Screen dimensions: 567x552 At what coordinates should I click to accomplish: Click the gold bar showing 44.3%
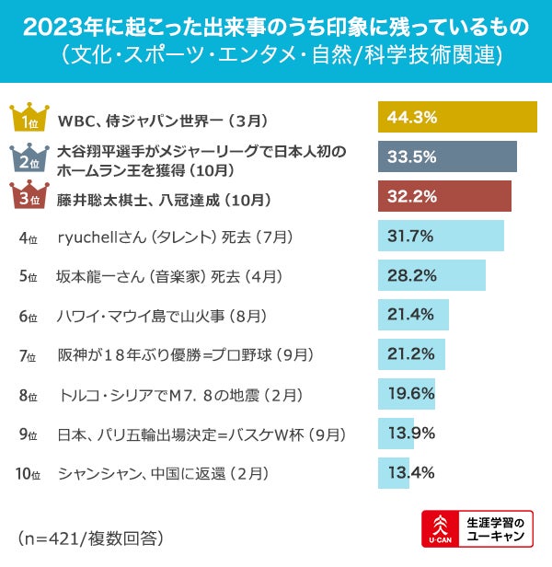(x=457, y=118)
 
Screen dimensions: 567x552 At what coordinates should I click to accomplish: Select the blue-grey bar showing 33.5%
(x=447, y=156)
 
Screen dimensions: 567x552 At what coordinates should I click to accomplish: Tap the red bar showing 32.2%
(x=444, y=196)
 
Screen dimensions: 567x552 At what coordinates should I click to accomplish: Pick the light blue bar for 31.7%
(x=441, y=236)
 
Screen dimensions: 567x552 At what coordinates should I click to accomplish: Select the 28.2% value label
(x=410, y=275)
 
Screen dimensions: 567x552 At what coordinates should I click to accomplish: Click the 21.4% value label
(x=410, y=315)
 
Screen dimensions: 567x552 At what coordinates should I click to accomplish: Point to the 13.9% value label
(x=410, y=433)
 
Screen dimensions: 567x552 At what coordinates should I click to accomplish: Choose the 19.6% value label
(x=410, y=394)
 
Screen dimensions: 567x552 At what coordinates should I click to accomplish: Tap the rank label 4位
(x=28, y=237)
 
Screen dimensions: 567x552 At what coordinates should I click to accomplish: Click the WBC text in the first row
(x=76, y=120)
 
